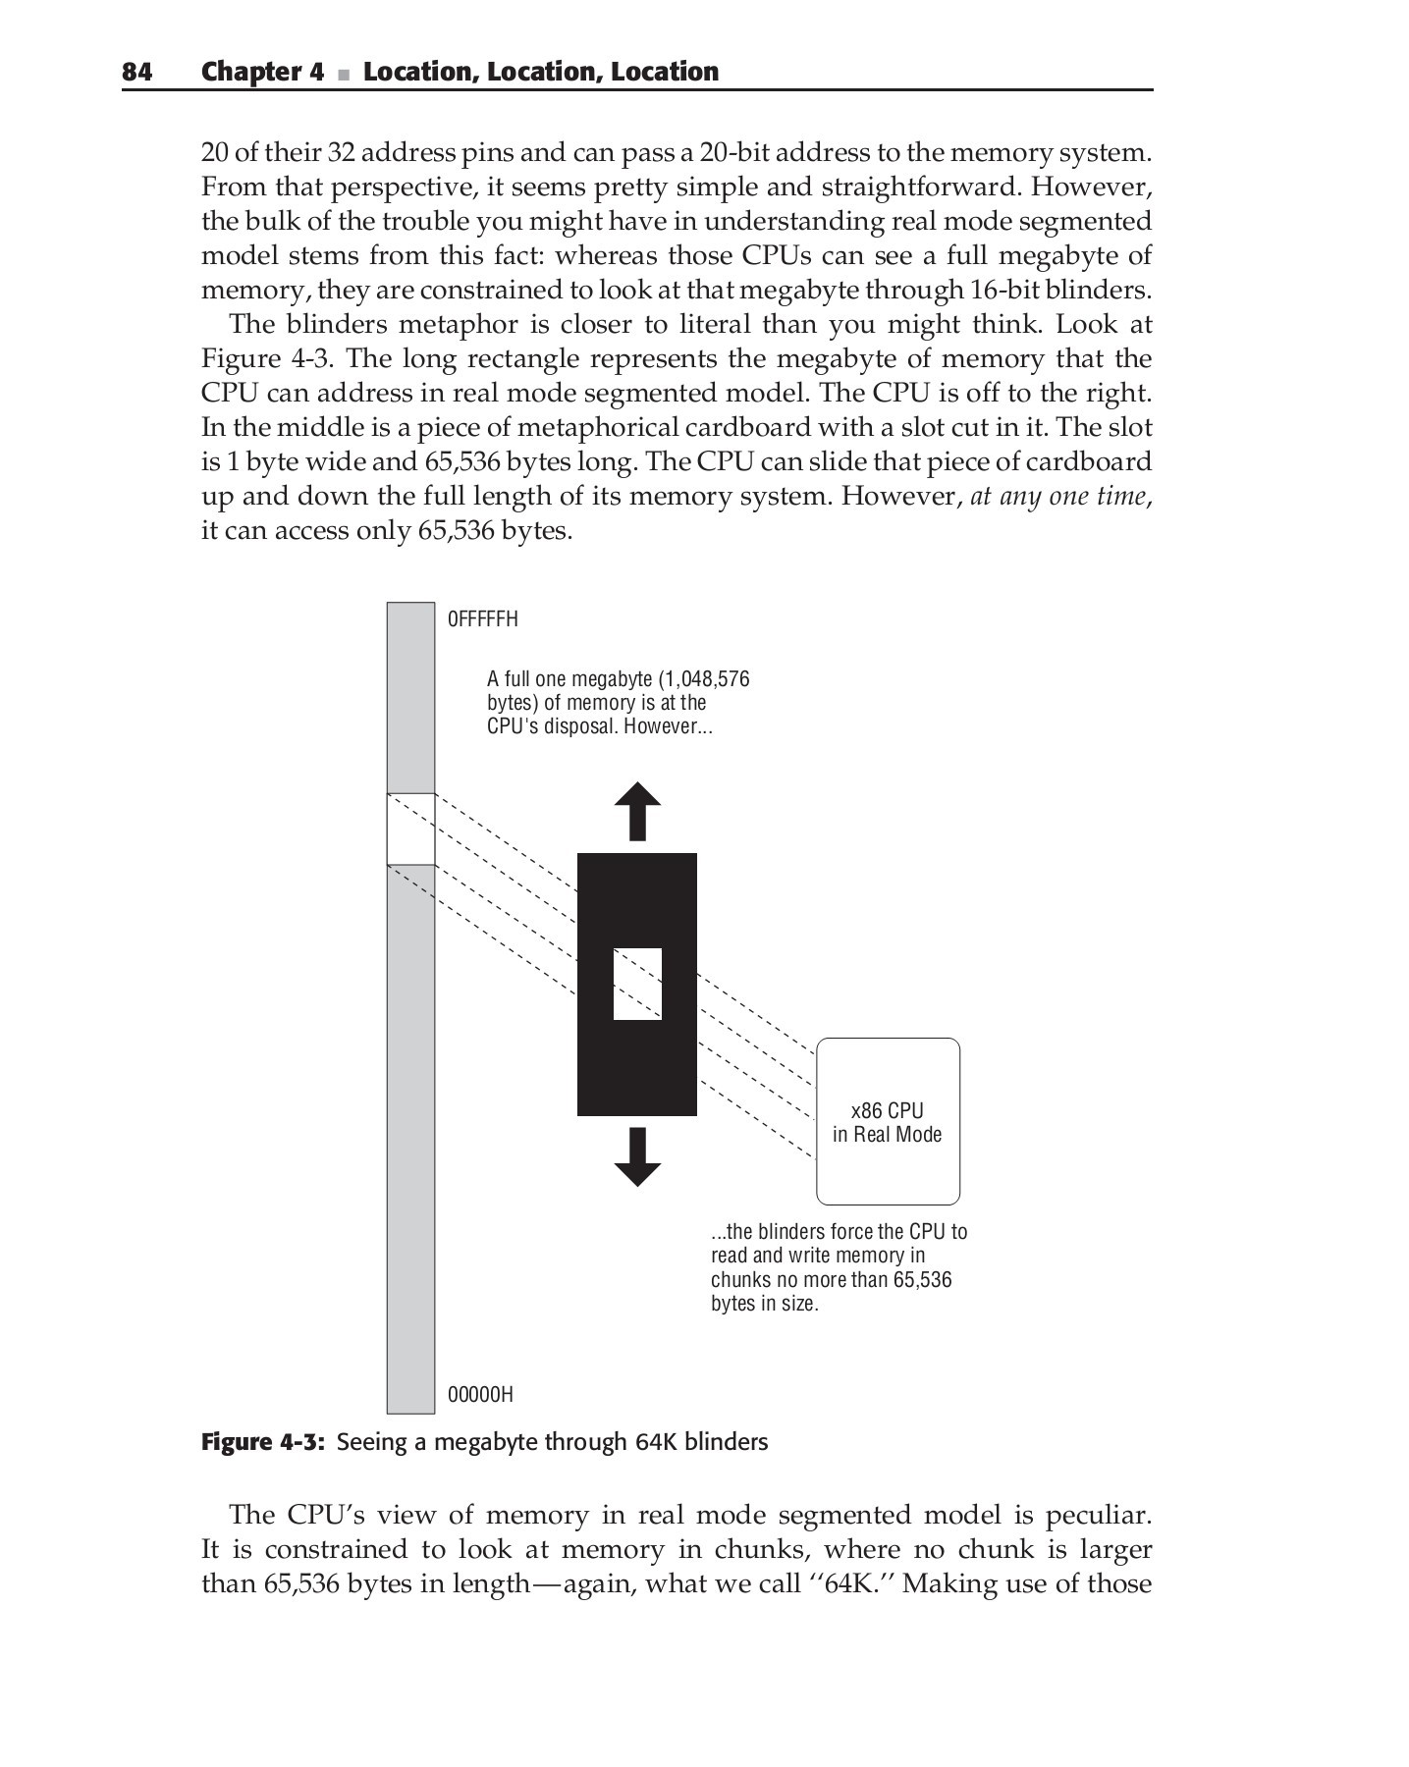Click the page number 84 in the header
[x=136, y=72]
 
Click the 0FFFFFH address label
[x=482, y=619]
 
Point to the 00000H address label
[x=480, y=1394]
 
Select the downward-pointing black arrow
[x=637, y=1157]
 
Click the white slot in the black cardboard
[x=637, y=984]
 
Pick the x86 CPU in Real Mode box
[x=888, y=1121]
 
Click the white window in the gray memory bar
[x=410, y=829]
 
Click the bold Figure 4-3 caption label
[x=262, y=1442]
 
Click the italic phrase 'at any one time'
[x=1057, y=497]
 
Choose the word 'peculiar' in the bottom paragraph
[x=1098, y=1515]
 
